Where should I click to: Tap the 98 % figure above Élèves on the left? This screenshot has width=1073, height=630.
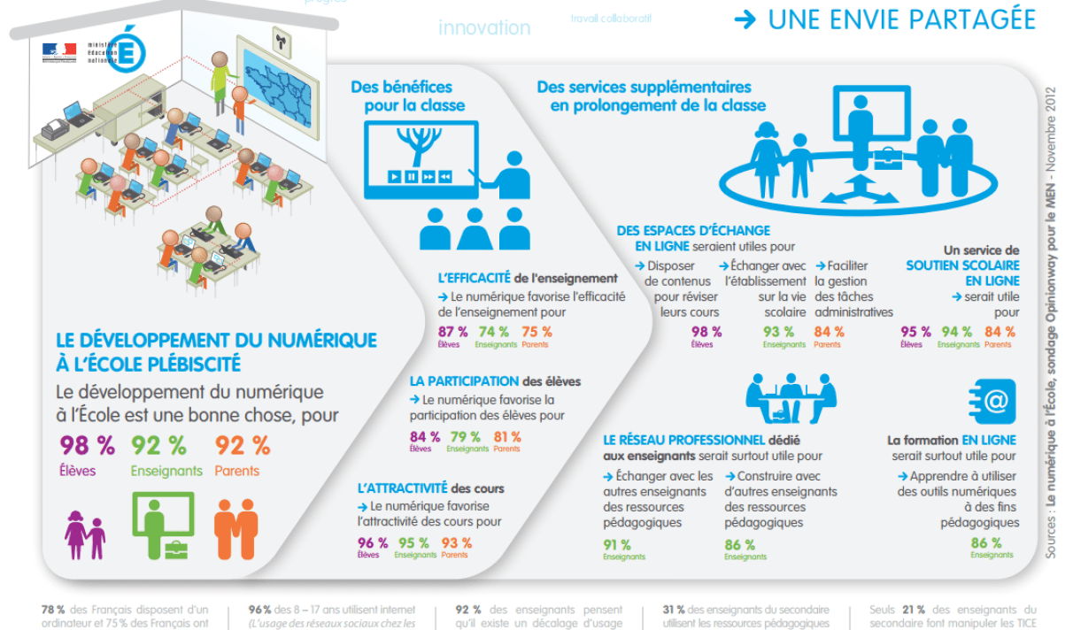pyautogui.click(x=87, y=445)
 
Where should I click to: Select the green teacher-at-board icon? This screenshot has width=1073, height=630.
pyautogui.click(x=163, y=526)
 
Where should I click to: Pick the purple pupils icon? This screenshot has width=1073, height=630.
pyautogui.click(x=85, y=534)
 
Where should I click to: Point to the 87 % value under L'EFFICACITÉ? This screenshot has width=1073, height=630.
pyautogui.click(x=452, y=332)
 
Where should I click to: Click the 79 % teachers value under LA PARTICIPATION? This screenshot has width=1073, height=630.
pyautogui.click(x=465, y=437)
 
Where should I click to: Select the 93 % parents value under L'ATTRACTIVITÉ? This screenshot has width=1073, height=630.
pyautogui.click(x=456, y=543)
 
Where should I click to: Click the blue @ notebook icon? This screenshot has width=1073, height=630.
pyautogui.click(x=992, y=402)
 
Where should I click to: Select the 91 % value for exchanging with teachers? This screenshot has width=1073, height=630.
pyautogui.click(x=617, y=545)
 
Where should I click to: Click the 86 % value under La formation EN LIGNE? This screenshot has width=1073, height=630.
pyautogui.click(x=985, y=543)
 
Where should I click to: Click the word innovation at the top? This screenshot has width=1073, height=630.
pyautogui.click(x=484, y=27)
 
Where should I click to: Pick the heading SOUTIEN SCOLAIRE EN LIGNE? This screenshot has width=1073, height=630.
pyautogui.click(x=962, y=273)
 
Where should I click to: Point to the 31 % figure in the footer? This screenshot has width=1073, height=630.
pyautogui.click(x=674, y=610)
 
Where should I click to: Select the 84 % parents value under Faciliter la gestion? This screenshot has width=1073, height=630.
pyautogui.click(x=829, y=332)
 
